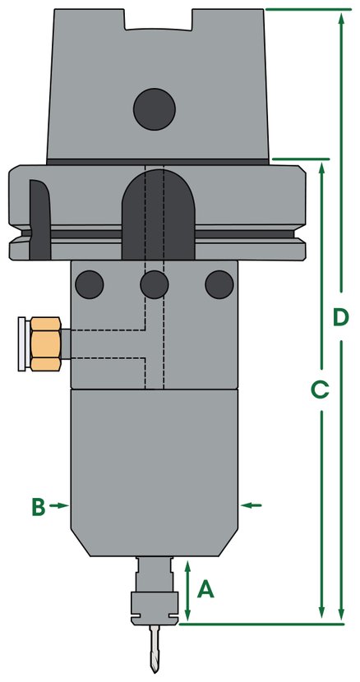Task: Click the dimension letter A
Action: pyautogui.click(x=205, y=590)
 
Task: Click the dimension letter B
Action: pyautogui.click(x=39, y=507)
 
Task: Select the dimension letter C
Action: pyautogui.click(x=320, y=389)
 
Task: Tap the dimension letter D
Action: pyautogui.click(x=341, y=317)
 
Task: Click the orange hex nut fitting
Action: pyautogui.click(x=45, y=344)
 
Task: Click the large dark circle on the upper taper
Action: pyautogui.click(x=155, y=109)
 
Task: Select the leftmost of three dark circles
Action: pyautogui.click(x=90, y=284)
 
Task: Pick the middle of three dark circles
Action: pyautogui.click(x=154, y=284)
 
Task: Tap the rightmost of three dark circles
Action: pyautogui.click(x=219, y=284)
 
